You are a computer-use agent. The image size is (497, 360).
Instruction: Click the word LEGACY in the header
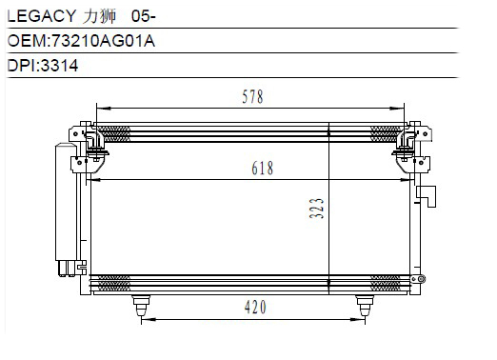[42, 16]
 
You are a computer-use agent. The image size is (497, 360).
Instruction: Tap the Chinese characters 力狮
[99, 16]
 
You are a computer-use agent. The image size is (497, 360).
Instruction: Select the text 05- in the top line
[144, 16]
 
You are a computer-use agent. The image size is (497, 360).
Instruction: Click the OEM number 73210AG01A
[103, 41]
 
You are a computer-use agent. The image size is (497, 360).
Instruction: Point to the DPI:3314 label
[43, 66]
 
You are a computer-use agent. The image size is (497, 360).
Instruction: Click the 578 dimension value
[252, 97]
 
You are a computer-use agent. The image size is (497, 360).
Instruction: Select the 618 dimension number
[262, 168]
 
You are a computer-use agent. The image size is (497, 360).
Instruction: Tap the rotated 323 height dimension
[316, 209]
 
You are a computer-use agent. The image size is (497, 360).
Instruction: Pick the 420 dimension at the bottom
[255, 308]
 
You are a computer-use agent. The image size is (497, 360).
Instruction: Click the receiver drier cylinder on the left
[66, 203]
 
